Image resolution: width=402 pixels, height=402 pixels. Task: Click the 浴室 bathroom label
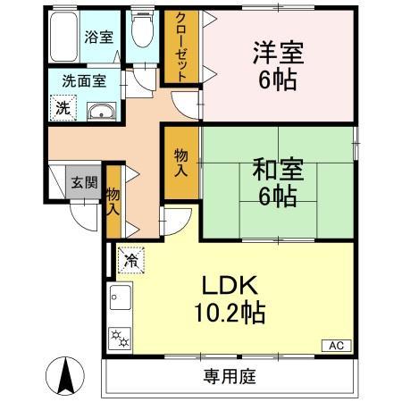[98, 38]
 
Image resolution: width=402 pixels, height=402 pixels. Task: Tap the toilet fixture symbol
[142, 34]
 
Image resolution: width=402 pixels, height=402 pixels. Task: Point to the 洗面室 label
[83, 80]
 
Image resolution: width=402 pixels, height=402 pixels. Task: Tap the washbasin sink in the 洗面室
[100, 112]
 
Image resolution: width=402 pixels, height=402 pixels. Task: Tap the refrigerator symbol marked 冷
[130, 260]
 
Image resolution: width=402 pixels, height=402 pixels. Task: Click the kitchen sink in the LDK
[120, 297]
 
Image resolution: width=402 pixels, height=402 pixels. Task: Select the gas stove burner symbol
[119, 338]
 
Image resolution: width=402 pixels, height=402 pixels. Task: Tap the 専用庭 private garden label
[225, 375]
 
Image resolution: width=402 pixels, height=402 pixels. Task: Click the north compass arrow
[65, 375]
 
